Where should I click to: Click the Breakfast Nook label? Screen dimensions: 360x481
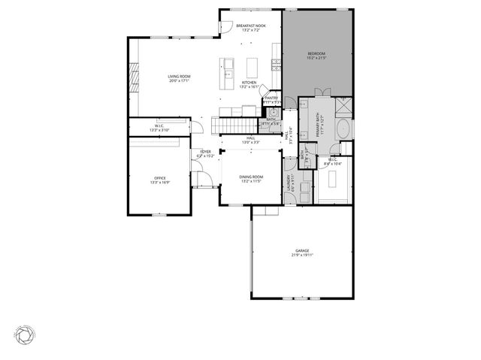251,26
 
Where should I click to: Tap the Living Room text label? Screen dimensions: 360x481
179,76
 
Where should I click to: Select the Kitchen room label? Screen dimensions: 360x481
249,82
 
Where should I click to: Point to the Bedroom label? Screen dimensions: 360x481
316,54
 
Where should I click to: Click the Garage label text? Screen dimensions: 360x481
302,250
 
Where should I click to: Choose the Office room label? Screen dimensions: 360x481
160,177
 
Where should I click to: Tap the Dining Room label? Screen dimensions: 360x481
251,177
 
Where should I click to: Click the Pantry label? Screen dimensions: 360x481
271,98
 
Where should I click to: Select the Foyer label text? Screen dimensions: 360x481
204,153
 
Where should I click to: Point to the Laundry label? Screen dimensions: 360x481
291,184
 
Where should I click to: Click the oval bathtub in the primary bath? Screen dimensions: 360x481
343,129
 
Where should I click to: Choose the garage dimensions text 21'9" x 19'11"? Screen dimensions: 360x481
302,256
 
